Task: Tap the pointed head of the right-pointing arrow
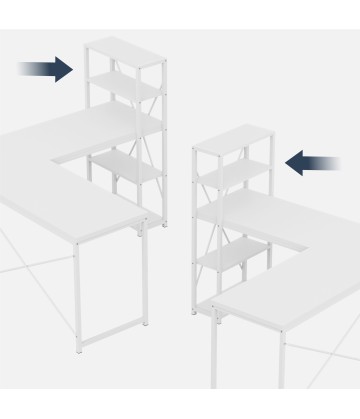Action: tap(68, 69)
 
